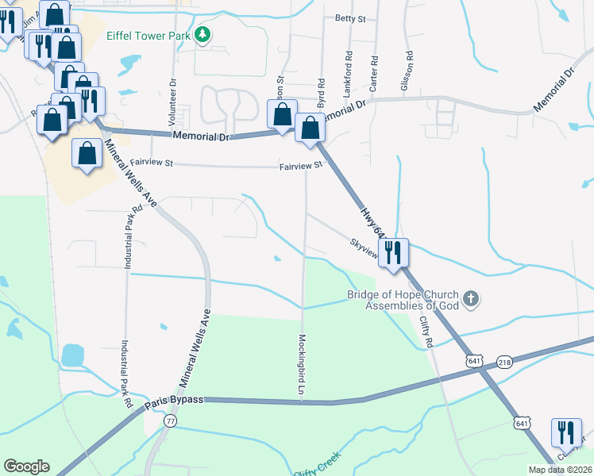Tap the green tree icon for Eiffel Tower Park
point(203,34)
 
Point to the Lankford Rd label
point(347,75)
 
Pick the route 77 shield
point(171,422)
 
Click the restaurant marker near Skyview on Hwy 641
point(393,252)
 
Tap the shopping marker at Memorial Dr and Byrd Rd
point(310,128)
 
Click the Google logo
point(26,466)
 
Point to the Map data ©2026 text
point(561,470)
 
